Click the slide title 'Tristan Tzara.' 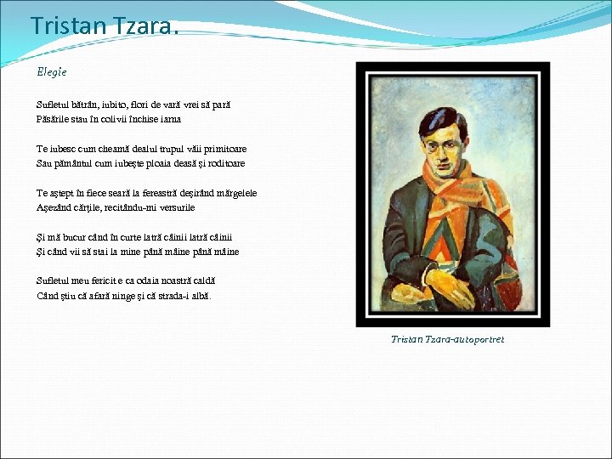point(105,26)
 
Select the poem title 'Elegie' point(51,72)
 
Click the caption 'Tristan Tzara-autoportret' point(447,339)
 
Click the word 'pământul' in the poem point(75,163)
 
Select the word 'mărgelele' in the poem point(235,193)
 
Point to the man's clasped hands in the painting point(450,285)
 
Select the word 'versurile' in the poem point(175,207)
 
